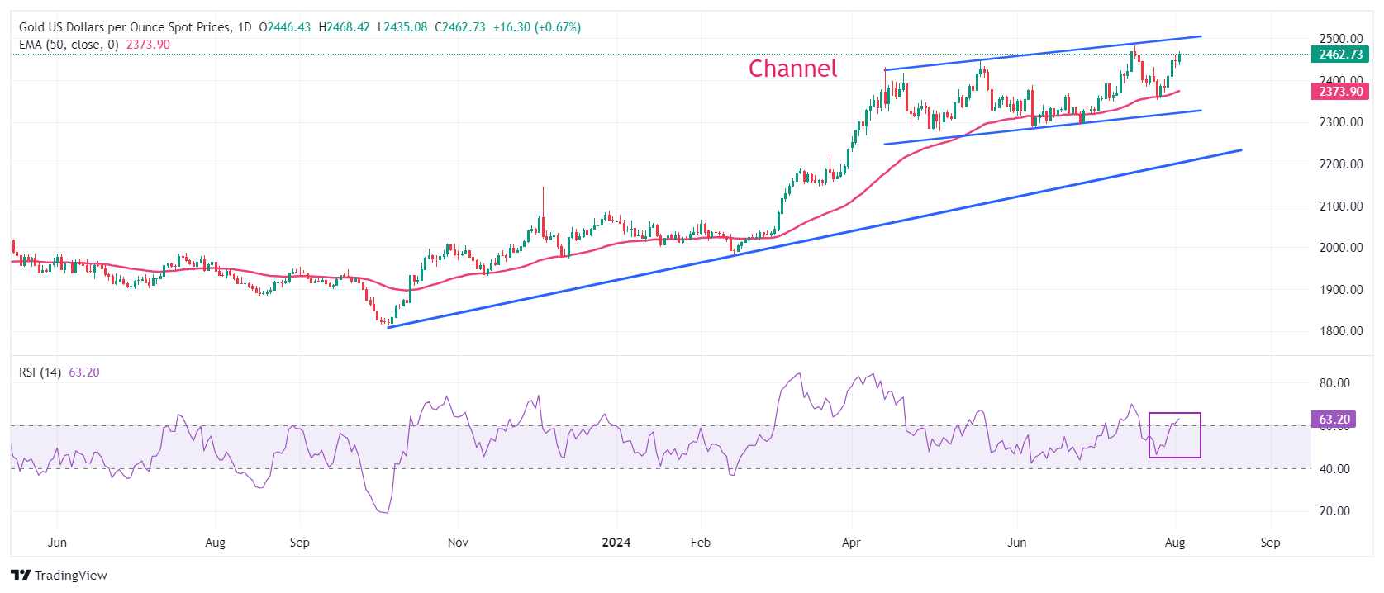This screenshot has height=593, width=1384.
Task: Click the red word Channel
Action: click(792, 69)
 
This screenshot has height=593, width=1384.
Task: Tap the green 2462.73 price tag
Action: click(1340, 55)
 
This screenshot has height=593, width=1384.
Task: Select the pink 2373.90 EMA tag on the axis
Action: click(1340, 92)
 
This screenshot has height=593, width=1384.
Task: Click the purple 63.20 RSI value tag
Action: click(1334, 420)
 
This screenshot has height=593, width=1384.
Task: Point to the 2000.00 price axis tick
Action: click(1340, 248)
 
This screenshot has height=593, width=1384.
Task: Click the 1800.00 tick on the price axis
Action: click(1340, 331)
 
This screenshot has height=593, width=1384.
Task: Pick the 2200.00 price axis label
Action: click(1340, 164)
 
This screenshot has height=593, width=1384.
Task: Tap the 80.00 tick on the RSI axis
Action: click(1334, 383)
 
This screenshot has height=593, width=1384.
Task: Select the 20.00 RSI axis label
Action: click(1334, 511)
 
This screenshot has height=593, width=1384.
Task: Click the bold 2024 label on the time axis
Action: click(616, 543)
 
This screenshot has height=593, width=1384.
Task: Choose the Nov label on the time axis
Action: click(458, 543)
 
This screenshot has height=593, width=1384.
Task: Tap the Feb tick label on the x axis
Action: click(700, 543)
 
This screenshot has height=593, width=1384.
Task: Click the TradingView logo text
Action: click(70, 576)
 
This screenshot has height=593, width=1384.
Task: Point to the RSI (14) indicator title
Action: click(40, 372)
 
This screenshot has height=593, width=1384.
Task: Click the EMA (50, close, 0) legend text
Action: click(69, 45)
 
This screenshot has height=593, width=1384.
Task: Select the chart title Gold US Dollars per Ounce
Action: click(124, 27)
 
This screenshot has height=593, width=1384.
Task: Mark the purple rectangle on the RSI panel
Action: click(1174, 435)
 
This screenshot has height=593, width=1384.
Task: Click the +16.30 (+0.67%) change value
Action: click(537, 27)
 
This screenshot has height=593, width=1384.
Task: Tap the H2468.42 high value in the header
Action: click(344, 27)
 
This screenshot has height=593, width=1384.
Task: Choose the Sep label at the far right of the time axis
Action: click(1270, 543)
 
